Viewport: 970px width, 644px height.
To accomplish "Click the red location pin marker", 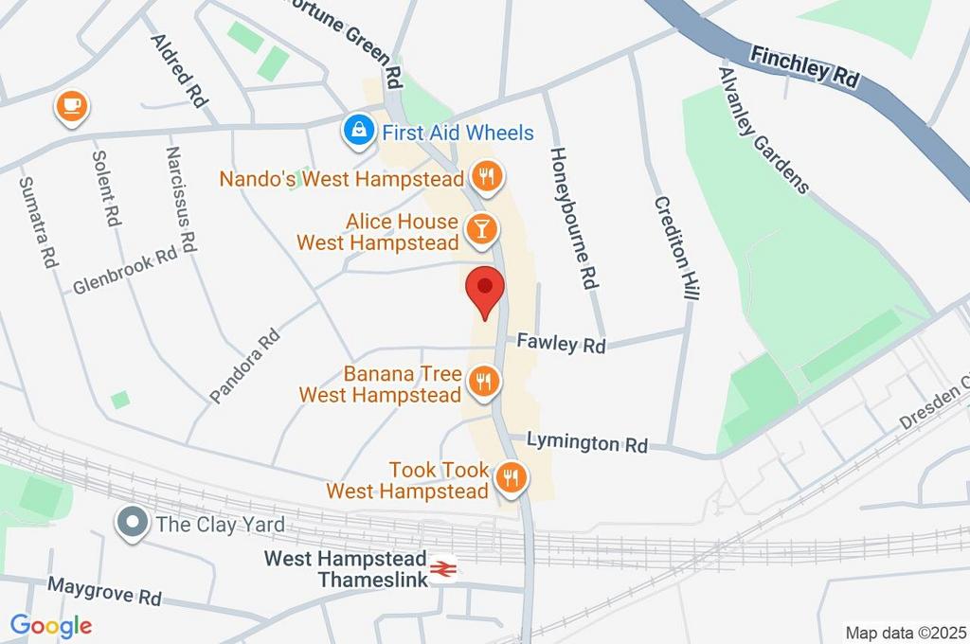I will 486,288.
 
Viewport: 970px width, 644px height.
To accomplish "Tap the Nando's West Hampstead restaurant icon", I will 486,176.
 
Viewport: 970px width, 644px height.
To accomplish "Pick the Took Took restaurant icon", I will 512,478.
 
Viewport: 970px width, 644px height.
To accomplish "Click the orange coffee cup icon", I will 71,105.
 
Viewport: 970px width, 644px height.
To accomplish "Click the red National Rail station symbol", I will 442,568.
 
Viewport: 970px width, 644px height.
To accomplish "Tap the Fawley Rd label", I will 561,344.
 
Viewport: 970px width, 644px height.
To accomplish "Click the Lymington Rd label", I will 586,442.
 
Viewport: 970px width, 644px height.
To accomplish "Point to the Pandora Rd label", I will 245,366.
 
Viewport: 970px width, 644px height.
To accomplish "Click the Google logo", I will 51,625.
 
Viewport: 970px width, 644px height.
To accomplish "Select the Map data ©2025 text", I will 905,632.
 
